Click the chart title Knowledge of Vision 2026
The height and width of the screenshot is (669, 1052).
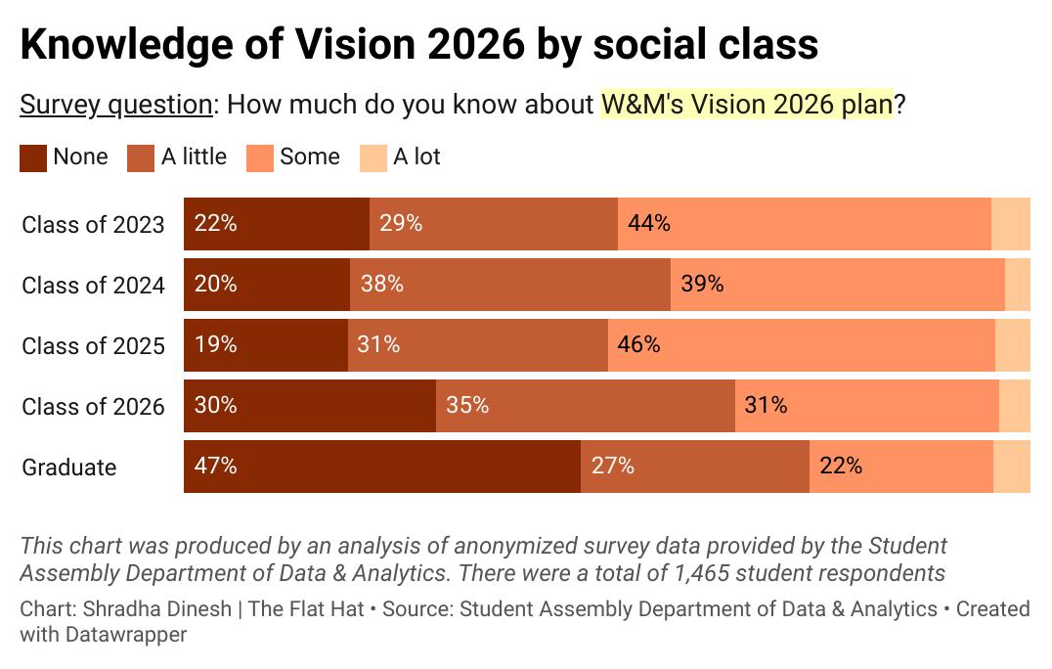pos(418,45)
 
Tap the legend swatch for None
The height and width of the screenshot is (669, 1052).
pos(33,157)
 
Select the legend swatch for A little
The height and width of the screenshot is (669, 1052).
pos(142,157)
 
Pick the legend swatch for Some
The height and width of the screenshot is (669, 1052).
pos(260,157)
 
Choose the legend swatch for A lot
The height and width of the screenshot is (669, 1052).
pos(373,157)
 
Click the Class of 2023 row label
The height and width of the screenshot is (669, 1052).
pos(93,225)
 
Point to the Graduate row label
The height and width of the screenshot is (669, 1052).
pos(69,468)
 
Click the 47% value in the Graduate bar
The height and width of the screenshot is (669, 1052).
pos(216,466)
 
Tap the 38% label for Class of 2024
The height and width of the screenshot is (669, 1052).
pos(381,284)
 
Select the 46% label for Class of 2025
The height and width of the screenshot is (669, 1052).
pos(638,344)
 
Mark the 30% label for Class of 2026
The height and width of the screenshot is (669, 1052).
pos(216,405)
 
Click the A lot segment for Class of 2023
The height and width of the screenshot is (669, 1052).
pos(1011,224)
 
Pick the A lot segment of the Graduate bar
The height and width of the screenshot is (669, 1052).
pos(1012,467)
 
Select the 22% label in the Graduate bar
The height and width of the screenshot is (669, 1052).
pos(841,466)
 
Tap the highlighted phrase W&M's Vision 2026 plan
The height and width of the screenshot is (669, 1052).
pos(747,105)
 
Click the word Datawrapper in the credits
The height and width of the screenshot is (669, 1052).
pos(103,634)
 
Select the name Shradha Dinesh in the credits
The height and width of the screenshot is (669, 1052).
pos(157,609)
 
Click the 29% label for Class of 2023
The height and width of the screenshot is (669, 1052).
pos(401,223)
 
